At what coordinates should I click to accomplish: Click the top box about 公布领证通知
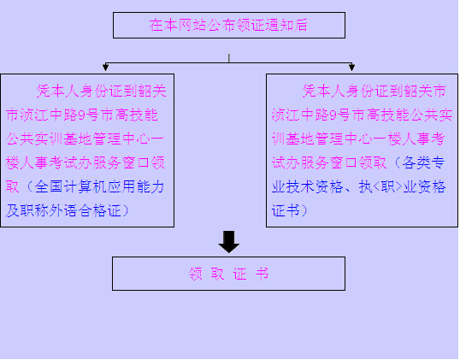[229, 26]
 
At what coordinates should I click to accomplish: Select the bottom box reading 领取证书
[228, 274]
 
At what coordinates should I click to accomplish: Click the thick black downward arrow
[229, 242]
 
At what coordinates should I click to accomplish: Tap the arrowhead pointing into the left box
[106, 68]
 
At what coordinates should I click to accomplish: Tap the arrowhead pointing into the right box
[351, 68]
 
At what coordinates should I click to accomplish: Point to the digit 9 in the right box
[333, 115]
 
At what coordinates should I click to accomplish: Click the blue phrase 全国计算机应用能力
[99, 187]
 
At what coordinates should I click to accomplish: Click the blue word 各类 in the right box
[416, 162]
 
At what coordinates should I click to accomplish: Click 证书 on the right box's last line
[286, 210]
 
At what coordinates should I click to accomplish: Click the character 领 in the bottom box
[196, 274]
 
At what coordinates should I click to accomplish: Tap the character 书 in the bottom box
[262, 274]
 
